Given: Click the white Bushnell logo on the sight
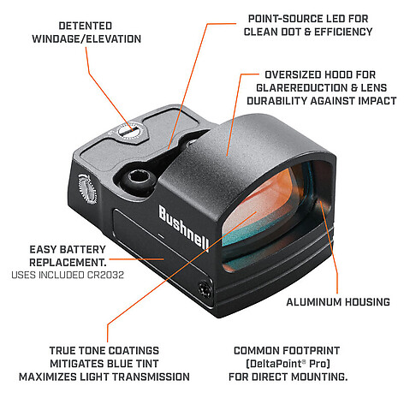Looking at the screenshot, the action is coord(183,228).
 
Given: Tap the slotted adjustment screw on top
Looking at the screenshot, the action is coord(130,131).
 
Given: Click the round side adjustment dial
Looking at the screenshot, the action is coord(87,188).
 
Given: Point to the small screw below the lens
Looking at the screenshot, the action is coord(205,290).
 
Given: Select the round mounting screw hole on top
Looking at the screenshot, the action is coord(140,177).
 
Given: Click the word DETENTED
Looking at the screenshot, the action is coord(86,26).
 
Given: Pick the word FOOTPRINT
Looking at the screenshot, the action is coord(312,351).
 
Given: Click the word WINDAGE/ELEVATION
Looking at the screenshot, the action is coord(86,39).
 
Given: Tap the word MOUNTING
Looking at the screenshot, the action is coord(319,377).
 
